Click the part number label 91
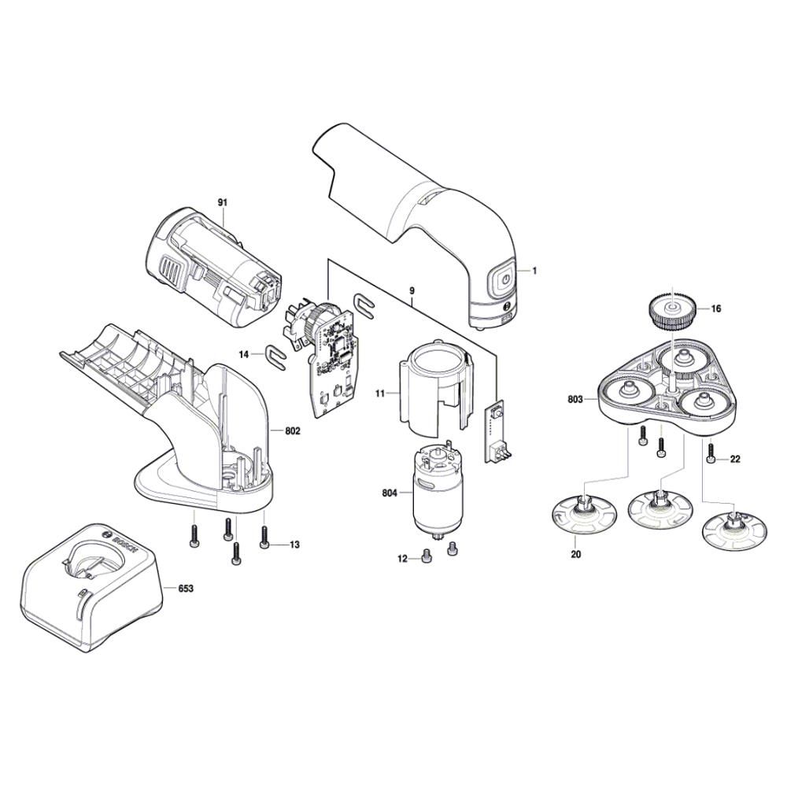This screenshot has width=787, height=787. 223,203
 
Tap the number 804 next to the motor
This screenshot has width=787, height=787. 389,494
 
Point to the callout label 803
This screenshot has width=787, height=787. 575,400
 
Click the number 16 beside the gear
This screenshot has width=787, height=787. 715,309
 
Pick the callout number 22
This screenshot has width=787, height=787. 734,459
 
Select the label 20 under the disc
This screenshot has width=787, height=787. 575,555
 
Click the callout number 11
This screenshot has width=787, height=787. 380,392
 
